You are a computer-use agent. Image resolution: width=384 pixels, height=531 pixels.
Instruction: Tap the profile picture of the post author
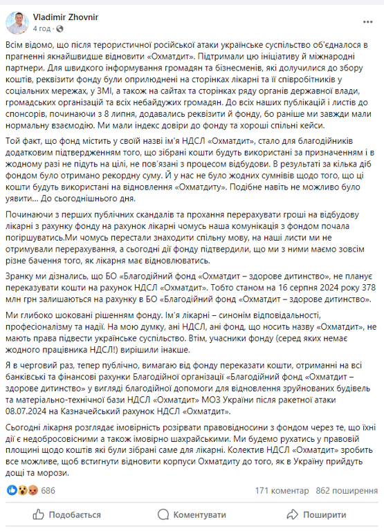point(17,24)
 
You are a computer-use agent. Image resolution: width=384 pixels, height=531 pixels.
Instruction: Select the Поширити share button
point(317,514)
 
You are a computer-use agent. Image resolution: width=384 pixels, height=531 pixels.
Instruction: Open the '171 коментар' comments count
point(282,490)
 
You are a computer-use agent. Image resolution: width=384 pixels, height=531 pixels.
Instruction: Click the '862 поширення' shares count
point(344,490)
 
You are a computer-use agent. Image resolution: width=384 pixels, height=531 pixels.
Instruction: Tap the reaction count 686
point(48,490)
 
